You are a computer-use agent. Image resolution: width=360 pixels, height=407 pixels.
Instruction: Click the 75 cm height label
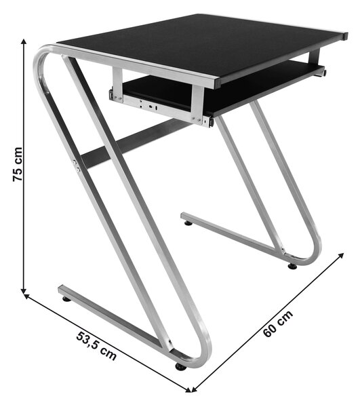(18, 164)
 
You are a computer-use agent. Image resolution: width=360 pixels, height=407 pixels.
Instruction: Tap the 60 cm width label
(278, 324)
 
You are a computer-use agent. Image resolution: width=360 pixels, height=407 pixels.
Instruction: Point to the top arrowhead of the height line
(24, 42)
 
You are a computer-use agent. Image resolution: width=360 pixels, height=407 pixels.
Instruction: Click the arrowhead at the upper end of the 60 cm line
(341, 256)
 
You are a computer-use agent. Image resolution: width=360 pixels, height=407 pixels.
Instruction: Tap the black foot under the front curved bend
(180, 367)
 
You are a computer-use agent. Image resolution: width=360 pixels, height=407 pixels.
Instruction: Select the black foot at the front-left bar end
(66, 299)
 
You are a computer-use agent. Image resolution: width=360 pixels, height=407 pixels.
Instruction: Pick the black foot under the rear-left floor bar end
(188, 222)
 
